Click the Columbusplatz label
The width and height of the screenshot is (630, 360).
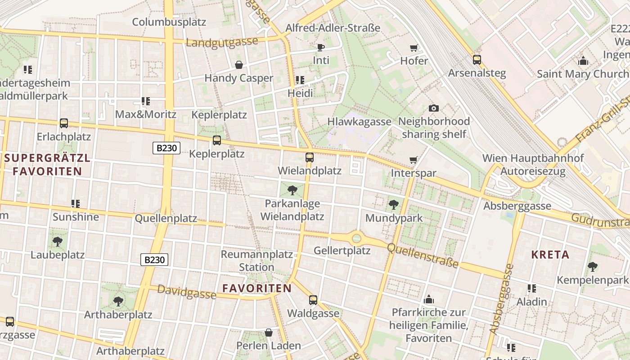point(169,22)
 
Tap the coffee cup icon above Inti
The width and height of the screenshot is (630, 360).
point(321,47)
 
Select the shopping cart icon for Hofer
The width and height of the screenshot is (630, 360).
point(414,48)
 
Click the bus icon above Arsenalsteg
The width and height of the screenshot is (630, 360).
point(477,59)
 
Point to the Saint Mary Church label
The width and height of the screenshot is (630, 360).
point(583,74)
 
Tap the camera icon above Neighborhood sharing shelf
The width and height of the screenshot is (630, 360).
point(434,108)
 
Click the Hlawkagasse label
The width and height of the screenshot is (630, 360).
point(359,121)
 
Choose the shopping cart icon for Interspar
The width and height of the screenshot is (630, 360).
point(414,160)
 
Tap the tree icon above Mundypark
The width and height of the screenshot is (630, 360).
point(394,205)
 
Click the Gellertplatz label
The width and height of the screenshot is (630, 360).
point(342,251)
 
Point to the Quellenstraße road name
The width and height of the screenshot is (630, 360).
point(423,255)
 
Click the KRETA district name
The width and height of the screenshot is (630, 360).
point(550,255)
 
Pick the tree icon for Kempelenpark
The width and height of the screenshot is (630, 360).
point(593,267)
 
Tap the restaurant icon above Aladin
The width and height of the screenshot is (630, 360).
point(532,288)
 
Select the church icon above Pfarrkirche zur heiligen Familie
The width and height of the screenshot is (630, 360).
point(429,299)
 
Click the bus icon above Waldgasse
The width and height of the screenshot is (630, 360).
point(313,300)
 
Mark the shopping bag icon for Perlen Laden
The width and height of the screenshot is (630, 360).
point(269,333)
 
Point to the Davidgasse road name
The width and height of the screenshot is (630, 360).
point(187,293)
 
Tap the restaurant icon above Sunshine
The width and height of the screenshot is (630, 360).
point(76,204)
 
